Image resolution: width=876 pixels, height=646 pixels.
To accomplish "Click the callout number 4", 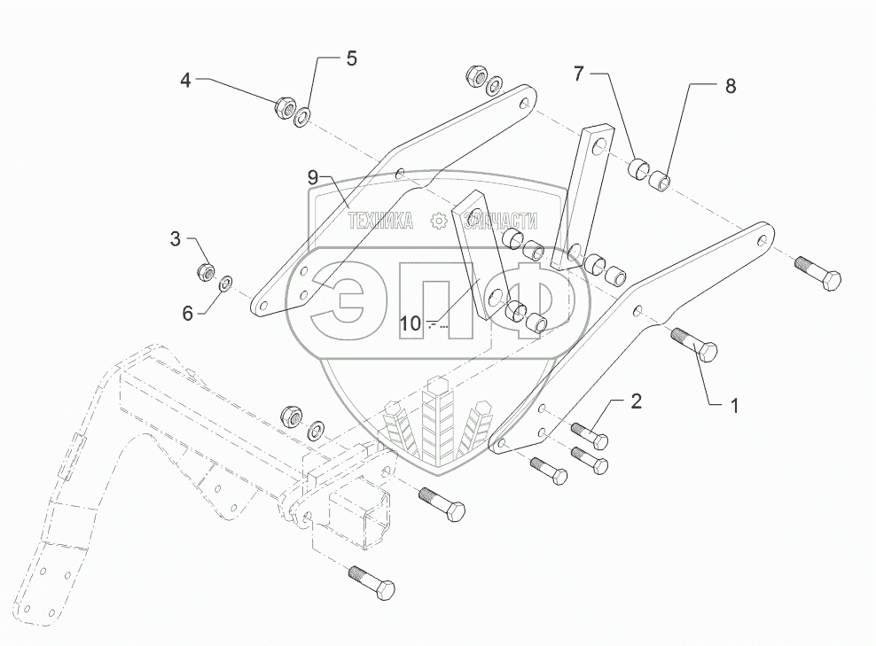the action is (x=185, y=81).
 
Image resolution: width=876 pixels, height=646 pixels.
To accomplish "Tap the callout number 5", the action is (x=351, y=59).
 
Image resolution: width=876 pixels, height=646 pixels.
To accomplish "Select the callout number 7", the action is (x=578, y=74).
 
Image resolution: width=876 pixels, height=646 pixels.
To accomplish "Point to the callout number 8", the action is (x=730, y=86).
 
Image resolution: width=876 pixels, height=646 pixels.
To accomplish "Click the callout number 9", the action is (x=312, y=177).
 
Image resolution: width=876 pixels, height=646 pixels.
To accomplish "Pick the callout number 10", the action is (x=410, y=324).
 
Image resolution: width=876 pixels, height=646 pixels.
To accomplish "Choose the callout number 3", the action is (x=176, y=238).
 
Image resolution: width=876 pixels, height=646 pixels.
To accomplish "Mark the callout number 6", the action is (x=187, y=313).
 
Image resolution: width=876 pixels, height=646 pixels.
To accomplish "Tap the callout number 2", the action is (x=636, y=401).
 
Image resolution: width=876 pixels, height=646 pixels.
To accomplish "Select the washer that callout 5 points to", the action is (x=304, y=116).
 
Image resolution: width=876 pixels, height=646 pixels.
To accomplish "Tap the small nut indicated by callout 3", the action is (x=205, y=270).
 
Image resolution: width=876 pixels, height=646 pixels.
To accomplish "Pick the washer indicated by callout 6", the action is (x=226, y=284).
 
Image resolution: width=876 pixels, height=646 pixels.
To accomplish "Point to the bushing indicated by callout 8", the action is (x=661, y=183).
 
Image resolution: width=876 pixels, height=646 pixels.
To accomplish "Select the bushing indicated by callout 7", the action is (x=637, y=168).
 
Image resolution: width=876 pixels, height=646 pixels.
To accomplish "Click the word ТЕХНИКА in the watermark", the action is (x=379, y=222).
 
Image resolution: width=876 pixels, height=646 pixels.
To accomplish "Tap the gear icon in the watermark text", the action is (x=437, y=222).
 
